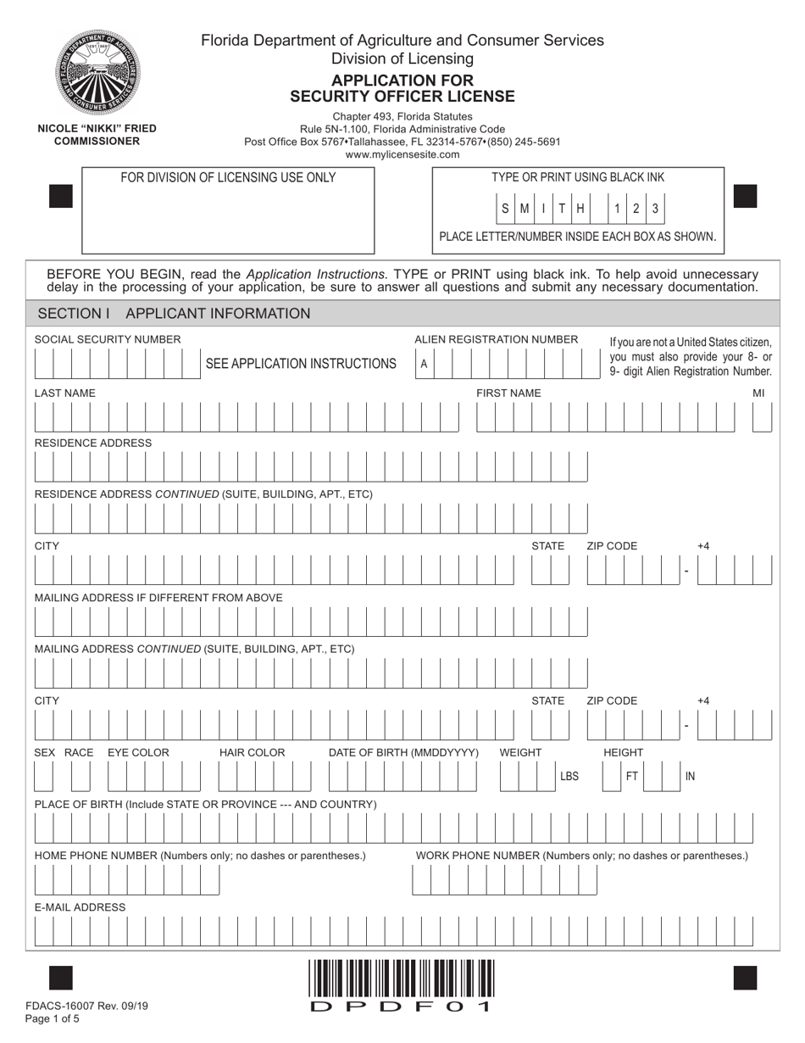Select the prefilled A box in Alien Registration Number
point(424,365)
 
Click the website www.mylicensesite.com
point(402,155)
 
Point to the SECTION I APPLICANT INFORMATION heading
point(175,314)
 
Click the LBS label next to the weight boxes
point(569,776)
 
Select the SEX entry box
point(43,777)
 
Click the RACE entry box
point(80,777)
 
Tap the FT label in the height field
point(631,776)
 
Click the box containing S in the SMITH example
point(506,209)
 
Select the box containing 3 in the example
point(655,209)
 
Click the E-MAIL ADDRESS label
point(80,907)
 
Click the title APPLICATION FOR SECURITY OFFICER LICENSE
point(402,88)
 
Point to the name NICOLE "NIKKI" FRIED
point(97,129)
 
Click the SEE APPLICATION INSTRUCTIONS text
point(301,364)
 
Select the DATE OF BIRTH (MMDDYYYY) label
point(403,753)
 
